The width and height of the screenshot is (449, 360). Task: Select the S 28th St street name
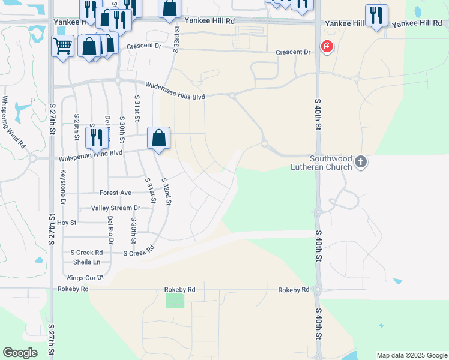tap(77, 127)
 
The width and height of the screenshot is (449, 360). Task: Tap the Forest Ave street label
tap(115, 193)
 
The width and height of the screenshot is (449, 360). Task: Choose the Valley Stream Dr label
tap(115, 208)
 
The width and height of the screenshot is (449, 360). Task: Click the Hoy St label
tap(67, 223)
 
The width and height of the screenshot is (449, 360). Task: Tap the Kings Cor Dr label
tap(86, 278)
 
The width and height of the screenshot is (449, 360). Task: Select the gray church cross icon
tap(360, 161)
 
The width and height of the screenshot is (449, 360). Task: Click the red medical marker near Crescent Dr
tap(327, 46)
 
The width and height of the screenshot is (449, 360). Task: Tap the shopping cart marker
tap(62, 46)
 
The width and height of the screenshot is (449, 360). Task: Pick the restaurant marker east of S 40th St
tap(376, 15)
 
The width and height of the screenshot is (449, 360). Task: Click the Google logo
tap(20, 353)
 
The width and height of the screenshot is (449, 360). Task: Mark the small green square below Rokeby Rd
tap(175, 300)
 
